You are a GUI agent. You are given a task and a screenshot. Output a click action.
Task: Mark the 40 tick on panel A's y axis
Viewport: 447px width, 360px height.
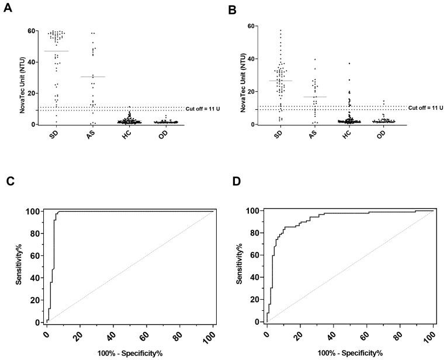tap(30, 62)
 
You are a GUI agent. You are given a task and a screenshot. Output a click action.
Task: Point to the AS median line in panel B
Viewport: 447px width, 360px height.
tap(315, 97)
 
